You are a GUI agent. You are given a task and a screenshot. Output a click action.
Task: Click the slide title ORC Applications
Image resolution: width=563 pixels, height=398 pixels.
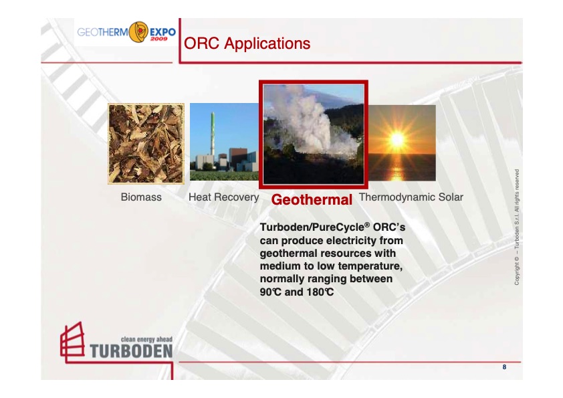coord(247,44)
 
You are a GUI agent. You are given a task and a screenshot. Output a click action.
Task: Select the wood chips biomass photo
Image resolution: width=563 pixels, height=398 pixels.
coord(146,144)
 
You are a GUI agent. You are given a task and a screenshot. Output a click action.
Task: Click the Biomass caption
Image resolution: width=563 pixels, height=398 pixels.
coord(141,197)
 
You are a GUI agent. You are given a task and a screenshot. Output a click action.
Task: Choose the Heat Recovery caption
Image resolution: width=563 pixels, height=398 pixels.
coord(223,197)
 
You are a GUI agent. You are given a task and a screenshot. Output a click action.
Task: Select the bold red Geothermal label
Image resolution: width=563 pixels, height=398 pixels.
coord(312,200)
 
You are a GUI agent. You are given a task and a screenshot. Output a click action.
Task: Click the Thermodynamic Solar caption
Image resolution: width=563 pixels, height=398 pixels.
coord(411,197)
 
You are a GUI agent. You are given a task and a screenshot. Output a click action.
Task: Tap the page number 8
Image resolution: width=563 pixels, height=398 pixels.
coord(504,367)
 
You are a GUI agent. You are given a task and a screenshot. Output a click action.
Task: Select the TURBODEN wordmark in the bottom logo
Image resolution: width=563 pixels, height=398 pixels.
coord(130,351)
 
